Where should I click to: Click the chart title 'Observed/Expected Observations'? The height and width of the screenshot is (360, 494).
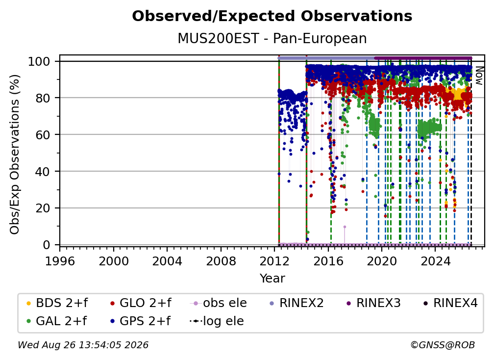272,16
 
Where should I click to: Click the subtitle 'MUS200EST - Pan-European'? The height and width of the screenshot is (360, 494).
272,38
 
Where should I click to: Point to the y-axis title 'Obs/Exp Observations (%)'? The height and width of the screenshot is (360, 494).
15,154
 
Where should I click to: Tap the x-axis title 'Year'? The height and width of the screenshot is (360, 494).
272,279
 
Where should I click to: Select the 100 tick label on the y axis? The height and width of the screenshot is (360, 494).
39,61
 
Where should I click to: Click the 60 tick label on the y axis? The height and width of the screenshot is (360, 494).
43,135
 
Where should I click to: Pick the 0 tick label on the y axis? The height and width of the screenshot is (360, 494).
46,245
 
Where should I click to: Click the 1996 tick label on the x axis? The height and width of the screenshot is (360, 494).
60,261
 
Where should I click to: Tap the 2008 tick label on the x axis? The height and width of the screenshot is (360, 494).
221,261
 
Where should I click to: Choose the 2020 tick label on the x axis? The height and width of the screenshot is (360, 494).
382,261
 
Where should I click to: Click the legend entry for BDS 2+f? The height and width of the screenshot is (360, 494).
57,303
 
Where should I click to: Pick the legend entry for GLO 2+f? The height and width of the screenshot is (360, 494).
141,303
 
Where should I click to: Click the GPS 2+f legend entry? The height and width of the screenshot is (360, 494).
140,321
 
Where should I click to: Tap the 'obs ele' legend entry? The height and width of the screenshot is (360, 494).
218,303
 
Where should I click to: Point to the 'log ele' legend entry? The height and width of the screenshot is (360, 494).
217,321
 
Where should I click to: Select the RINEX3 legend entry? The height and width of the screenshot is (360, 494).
373,303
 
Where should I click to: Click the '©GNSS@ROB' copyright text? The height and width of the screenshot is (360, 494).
443,345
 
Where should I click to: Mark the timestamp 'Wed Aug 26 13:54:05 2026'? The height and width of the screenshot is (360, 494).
83,345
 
